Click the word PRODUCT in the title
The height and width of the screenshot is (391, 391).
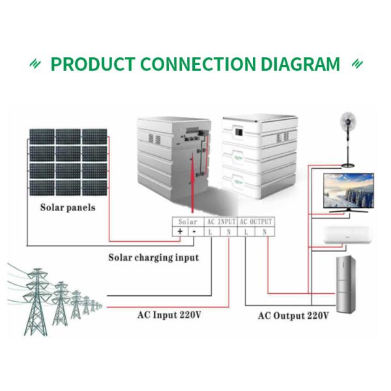[x=93, y=65]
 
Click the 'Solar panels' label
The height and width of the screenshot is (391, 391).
[x=68, y=208]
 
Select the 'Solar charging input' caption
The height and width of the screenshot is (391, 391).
[x=153, y=257]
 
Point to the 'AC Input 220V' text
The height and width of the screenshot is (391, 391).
[x=169, y=315]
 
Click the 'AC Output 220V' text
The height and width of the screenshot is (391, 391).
[x=293, y=316]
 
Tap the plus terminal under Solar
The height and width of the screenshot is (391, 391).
[x=179, y=231]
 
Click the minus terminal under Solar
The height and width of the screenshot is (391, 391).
[x=194, y=231]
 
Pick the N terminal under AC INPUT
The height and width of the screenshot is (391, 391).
[x=229, y=231]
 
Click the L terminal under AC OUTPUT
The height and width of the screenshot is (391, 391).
[x=246, y=231]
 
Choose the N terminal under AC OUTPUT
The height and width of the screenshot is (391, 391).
[x=265, y=231]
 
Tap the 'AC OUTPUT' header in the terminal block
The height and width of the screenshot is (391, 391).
[x=256, y=222]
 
